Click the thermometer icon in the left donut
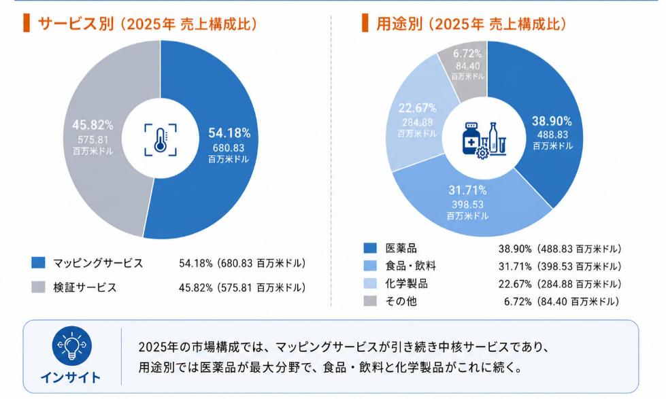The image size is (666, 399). coord(160,139)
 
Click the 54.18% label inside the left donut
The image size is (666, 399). coord(229,133)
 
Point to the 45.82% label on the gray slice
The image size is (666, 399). coord(93,125)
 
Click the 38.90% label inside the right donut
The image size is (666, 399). coord(552,121)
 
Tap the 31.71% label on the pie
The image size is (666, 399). coord(467,190)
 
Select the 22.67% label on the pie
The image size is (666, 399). coord(417,108)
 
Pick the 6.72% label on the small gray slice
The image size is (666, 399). coord(467,54)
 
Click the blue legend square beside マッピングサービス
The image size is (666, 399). coord(38,263)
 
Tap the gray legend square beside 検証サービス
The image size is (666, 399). coord(38,288)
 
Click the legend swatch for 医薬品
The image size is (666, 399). coord(370,248)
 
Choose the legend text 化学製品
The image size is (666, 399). coord(406,283)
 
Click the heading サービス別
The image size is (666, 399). coord(76,24)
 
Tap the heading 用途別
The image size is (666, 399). coord(399,24)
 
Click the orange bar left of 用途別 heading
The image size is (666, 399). coord(365,23)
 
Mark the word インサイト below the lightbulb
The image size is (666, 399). coord(71,377)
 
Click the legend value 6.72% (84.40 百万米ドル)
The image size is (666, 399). coord(561,302)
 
